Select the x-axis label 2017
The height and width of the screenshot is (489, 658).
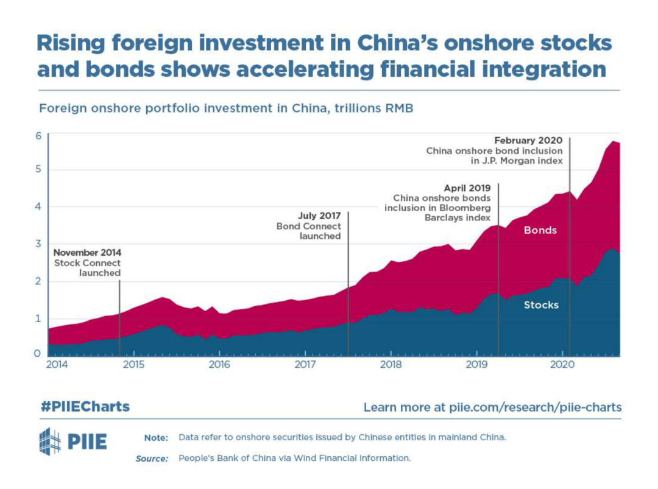coord(304,365)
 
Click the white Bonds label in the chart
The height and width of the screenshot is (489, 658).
coord(540,230)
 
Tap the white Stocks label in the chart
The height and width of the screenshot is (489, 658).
coord(541,304)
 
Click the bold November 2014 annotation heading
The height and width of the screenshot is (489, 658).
coord(87,253)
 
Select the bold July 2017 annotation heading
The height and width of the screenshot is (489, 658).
coord(319,216)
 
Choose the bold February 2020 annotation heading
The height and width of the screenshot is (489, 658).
coord(528,141)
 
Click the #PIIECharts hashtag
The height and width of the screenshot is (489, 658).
coord(85,406)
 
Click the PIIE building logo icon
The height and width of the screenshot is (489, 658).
coord(50,442)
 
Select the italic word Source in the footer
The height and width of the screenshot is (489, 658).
coord(151,459)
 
